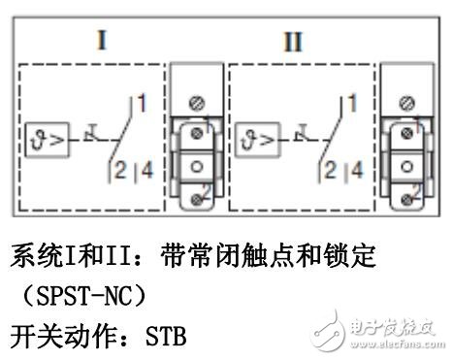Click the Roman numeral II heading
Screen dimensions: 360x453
click(x=292, y=44)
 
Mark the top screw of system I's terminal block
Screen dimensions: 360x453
click(x=200, y=101)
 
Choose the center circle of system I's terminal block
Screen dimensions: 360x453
click(x=198, y=165)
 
